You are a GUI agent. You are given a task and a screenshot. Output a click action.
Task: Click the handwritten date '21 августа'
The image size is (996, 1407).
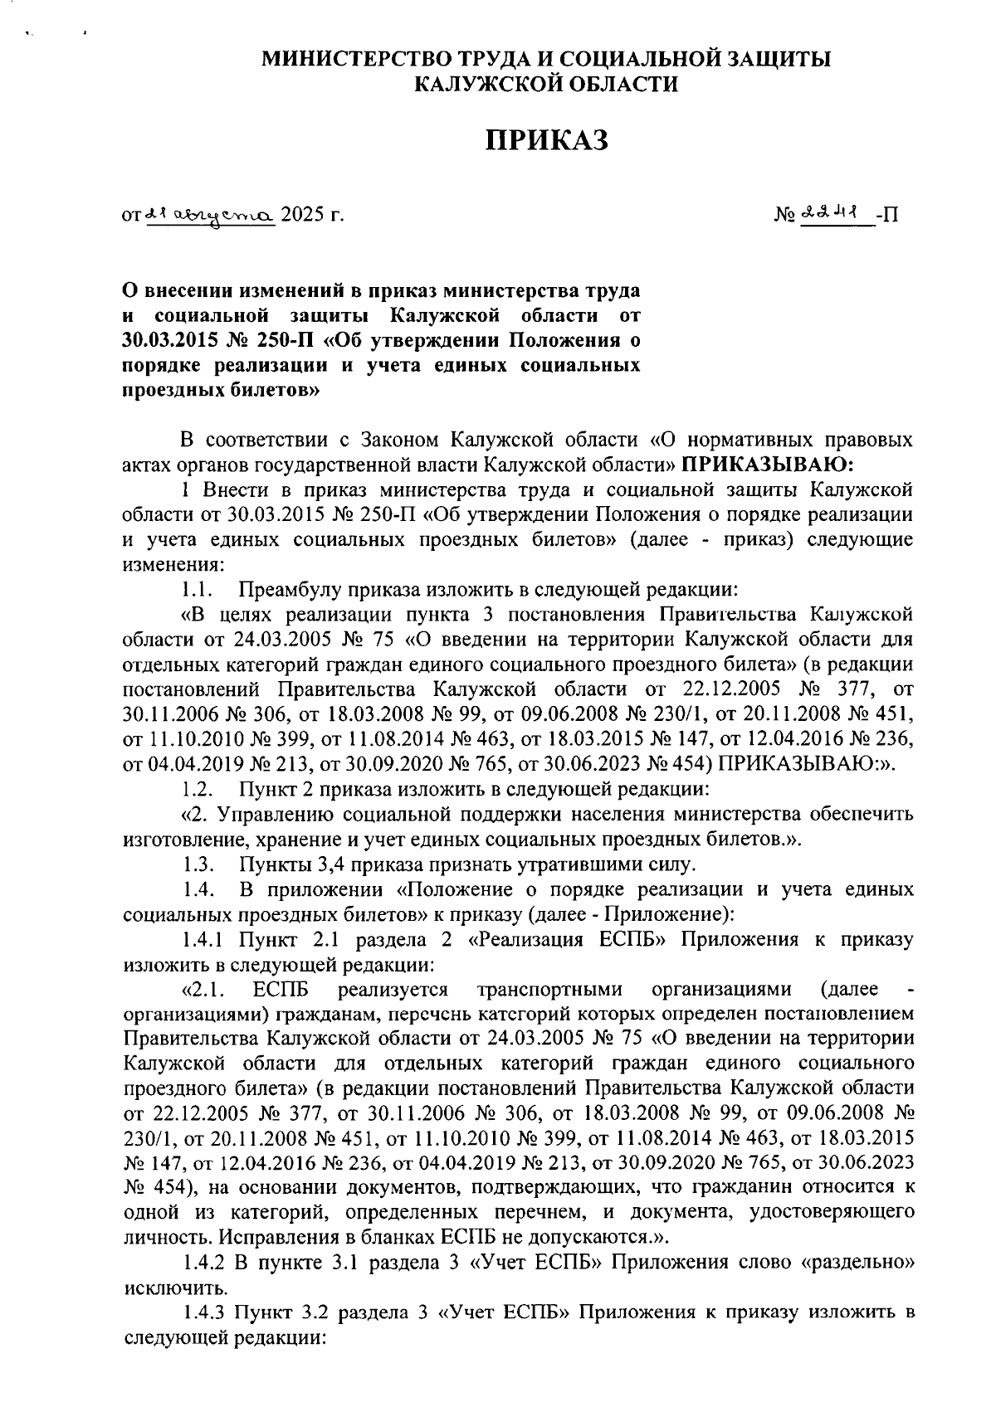(210, 215)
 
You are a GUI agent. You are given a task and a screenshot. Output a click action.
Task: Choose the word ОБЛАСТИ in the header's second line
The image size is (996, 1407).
(616, 83)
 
